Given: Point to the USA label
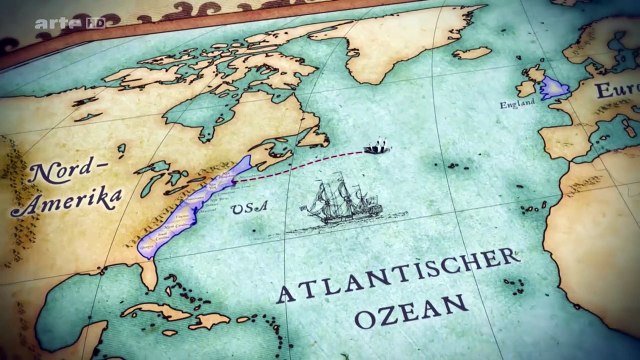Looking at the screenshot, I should [x=243, y=209].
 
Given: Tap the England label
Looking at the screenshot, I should [x=518, y=103].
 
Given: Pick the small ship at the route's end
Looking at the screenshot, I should [x=376, y=147].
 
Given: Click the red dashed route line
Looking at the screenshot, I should [x=300, y=164].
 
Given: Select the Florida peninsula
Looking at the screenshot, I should [x=150, y=267].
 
